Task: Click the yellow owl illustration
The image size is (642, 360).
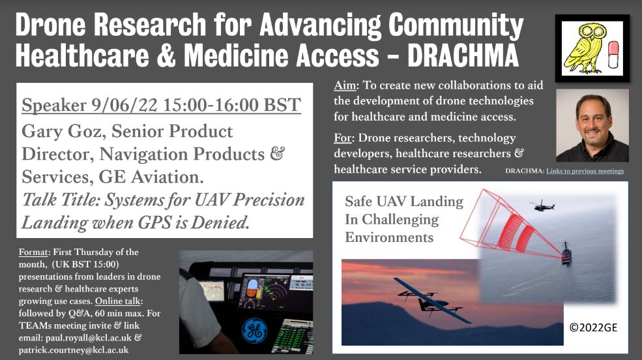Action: click(583, 48)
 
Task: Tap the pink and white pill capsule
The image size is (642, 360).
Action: click(613, 55)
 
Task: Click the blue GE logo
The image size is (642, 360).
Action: click(254, 331)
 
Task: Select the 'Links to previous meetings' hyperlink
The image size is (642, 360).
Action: click(585, 171)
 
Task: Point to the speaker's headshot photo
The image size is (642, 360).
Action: click(592, 125)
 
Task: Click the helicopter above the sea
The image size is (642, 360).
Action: click(542, 205)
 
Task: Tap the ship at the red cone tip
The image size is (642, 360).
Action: click(566, 253)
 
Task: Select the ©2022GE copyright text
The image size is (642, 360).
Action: click(593, 327)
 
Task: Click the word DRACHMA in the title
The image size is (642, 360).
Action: click(463, 55)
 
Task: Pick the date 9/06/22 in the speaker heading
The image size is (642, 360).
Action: click(124, 105)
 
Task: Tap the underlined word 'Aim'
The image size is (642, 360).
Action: click(345, 85)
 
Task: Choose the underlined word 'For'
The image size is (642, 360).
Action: click(342, 138)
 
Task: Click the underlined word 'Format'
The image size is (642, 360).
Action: click(34, 252)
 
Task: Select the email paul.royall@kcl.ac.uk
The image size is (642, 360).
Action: click(89, 338)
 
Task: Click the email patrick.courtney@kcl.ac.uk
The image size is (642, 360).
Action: click(73, 350)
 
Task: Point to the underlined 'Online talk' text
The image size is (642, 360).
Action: click(118, 301)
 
